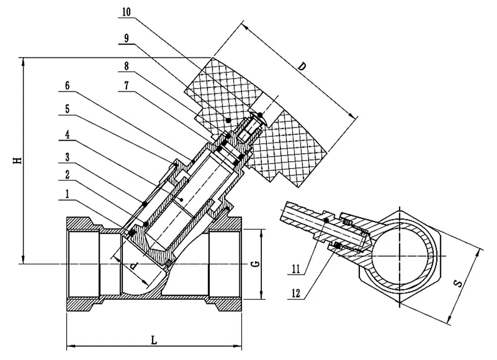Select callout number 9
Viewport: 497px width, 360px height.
126,39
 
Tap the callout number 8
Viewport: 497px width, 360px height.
126,65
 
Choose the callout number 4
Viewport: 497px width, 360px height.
68,134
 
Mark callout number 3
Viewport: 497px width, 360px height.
68,157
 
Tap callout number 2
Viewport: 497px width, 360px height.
68,176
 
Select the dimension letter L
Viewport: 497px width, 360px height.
155,340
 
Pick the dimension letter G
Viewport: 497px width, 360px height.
253,264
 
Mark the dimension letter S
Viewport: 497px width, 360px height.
458,284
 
